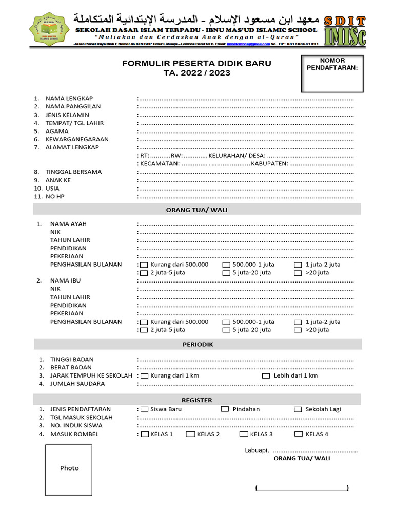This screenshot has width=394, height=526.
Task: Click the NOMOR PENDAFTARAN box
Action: (332, 73)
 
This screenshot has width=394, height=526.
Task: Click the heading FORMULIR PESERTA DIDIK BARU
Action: (196, 64)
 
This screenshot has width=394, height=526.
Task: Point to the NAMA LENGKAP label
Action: (69, 98)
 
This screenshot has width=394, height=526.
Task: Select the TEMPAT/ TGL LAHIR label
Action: (74, 123)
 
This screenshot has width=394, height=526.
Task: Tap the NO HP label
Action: (55, 197)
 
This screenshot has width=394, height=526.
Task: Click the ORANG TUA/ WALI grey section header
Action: (197, 210)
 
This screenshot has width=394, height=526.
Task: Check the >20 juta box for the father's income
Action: (298, 273)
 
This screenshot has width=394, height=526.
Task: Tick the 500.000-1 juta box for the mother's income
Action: (226, 322)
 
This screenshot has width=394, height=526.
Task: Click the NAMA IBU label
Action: (65, 281)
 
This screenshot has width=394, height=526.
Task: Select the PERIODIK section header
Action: (198, 344)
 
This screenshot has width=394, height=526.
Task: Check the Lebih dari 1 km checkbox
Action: (266, 376)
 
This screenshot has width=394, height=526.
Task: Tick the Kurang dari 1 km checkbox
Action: (144, 376)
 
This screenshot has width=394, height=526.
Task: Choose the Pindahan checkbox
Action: (225, 409)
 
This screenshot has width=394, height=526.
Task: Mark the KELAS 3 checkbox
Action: (243, 435)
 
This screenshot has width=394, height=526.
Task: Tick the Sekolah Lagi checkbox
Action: (298, 410)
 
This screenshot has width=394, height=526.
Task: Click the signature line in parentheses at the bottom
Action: (302, 488)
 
